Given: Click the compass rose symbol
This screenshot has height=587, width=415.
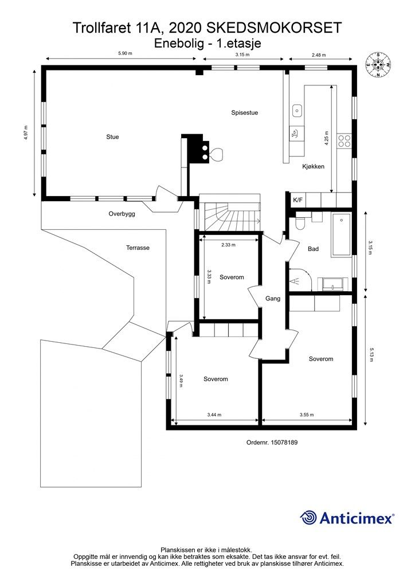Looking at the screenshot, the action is pos(378,65).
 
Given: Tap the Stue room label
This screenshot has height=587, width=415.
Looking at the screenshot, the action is pos(112,137).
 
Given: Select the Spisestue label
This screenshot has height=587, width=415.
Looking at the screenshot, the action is pos(244,113).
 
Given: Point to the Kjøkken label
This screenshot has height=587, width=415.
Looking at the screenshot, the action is pos(313,167).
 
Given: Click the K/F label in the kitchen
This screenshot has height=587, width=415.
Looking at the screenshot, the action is pos(298,200).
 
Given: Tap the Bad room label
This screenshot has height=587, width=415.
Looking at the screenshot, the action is pos(313,249).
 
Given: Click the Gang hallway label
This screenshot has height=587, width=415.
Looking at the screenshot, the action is pos(273,299).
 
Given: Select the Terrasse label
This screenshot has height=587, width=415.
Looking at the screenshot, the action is pos(138,248).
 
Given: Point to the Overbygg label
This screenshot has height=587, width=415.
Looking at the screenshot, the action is pos(122,214).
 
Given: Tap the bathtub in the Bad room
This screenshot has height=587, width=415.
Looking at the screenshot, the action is pos(341,235).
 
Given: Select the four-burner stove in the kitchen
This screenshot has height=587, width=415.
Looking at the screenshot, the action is pos(344,140).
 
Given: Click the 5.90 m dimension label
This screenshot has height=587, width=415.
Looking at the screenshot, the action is pos(126,53).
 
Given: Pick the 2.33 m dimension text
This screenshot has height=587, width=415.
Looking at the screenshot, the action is pos(228,245).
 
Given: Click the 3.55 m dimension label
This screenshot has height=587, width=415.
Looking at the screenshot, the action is pos(307,415).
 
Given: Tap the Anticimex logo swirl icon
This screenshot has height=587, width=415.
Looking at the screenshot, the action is pos(308,518).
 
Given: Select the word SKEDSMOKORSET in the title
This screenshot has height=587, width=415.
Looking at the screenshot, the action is pos(275,28).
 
